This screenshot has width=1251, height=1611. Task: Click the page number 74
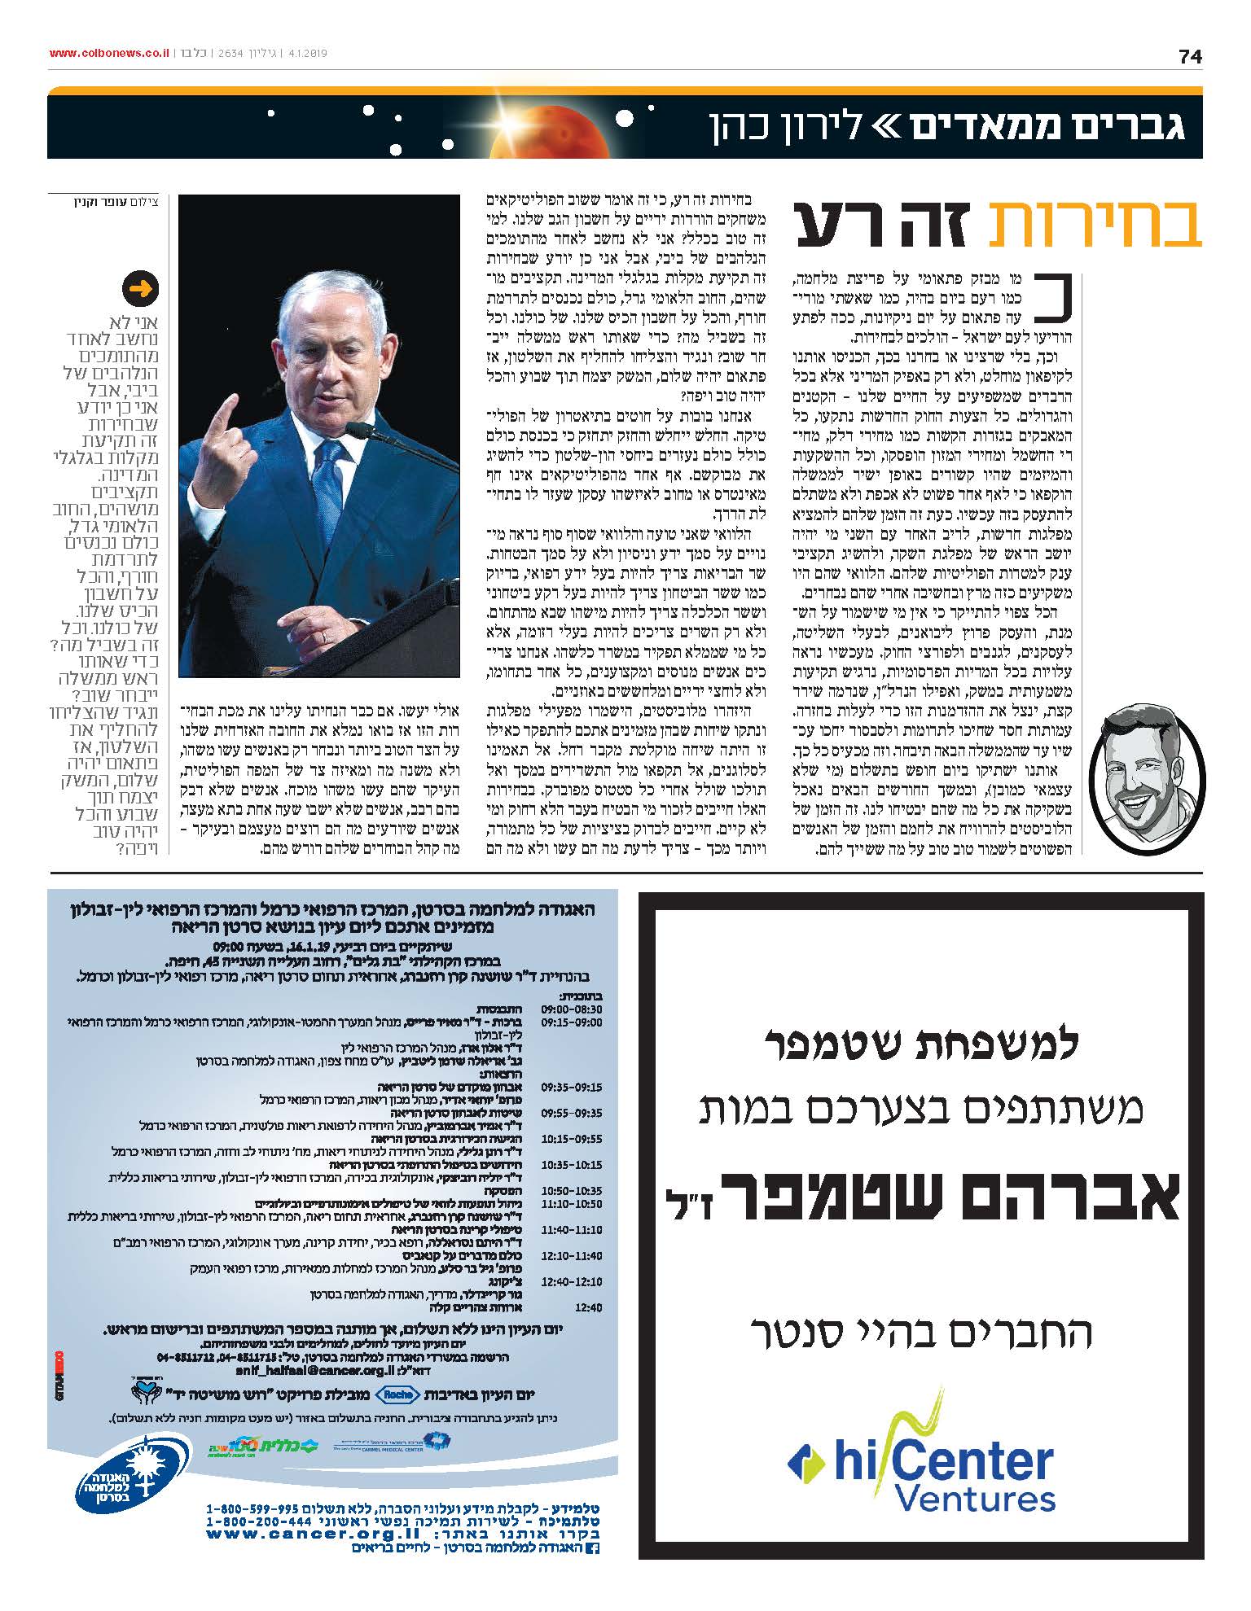pyautogui.click(x=1189, y=56)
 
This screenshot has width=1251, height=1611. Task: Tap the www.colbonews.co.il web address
pyautogui.click(x=108, y=53)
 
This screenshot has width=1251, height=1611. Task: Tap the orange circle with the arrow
pyautogui.click(x=140, y=289)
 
